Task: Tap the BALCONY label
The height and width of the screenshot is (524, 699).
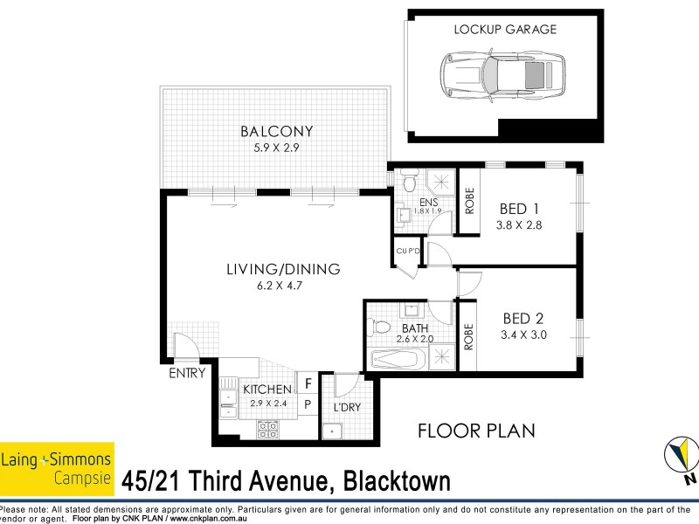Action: click(x=276, y=133)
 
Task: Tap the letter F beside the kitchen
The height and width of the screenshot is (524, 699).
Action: click(x=308, y=382)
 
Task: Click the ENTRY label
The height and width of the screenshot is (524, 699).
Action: click(x=188, y=373)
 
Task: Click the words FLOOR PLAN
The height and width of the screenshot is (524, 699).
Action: click(x=475, y=431)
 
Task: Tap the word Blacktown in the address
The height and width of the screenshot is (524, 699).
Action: click(x=401, y=481)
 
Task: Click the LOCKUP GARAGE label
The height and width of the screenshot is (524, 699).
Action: click(x=505, y=29)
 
